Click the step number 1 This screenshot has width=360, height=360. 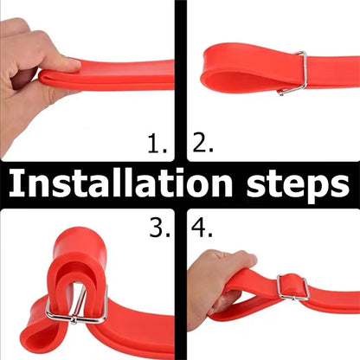coord(157,144)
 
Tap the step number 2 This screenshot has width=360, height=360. coord(202,143)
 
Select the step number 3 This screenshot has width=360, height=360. coord(160,228)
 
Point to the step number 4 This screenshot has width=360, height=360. coord(202,228)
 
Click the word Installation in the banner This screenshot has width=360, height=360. coord(120,183)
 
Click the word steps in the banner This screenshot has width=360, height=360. coord(298,185)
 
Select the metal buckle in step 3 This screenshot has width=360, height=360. coord(77,304)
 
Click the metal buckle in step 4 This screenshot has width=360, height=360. coord(292,287)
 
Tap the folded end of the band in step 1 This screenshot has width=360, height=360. coord(43,77)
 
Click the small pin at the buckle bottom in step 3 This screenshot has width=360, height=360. coord(74,320)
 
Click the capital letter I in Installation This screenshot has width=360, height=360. coord(15,183)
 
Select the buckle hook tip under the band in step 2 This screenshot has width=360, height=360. coord(280,93)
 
